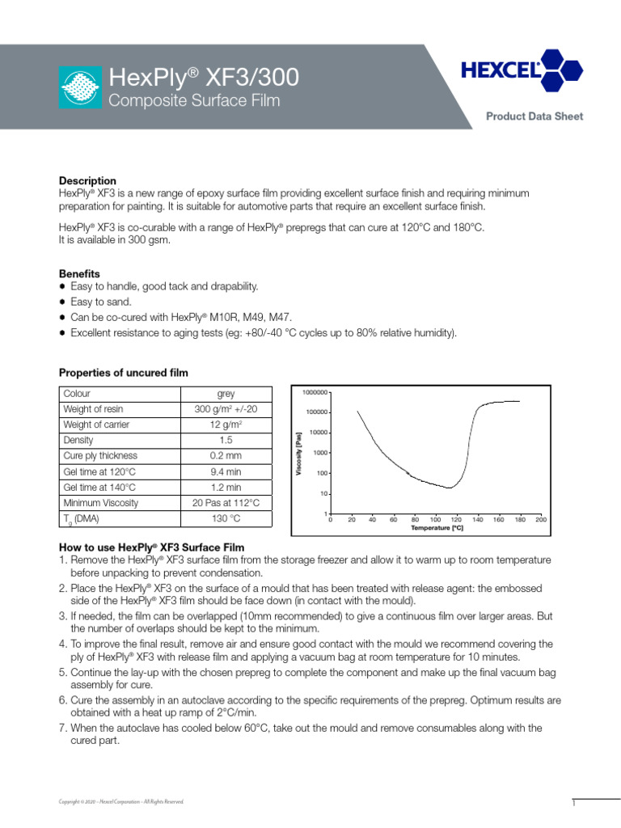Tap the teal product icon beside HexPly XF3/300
(x=81, y=87)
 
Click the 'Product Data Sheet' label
(x=534, y=116)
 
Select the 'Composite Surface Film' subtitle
(x=193, y=101)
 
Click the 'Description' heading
(x=87, y=180)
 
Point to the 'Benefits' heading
(x=79, y=274)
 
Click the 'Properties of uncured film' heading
(x=123, y=373)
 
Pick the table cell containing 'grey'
(x=226, y=394)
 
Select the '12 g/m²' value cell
(x=226, y=425)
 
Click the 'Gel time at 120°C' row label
(x=99, y=471)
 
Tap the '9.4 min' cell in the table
(x=226, y=471)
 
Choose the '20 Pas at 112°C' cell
(x=226, y=503)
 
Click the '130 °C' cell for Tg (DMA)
(x=226, y=518)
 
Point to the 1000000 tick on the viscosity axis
(x=315, y=392)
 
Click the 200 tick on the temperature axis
(x=541, y=520)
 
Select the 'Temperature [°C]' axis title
(x=436, y=527)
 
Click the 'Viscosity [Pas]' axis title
(x=298, y=453)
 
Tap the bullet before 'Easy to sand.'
(x=62, y=302)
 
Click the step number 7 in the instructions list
(x=62, y=728)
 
